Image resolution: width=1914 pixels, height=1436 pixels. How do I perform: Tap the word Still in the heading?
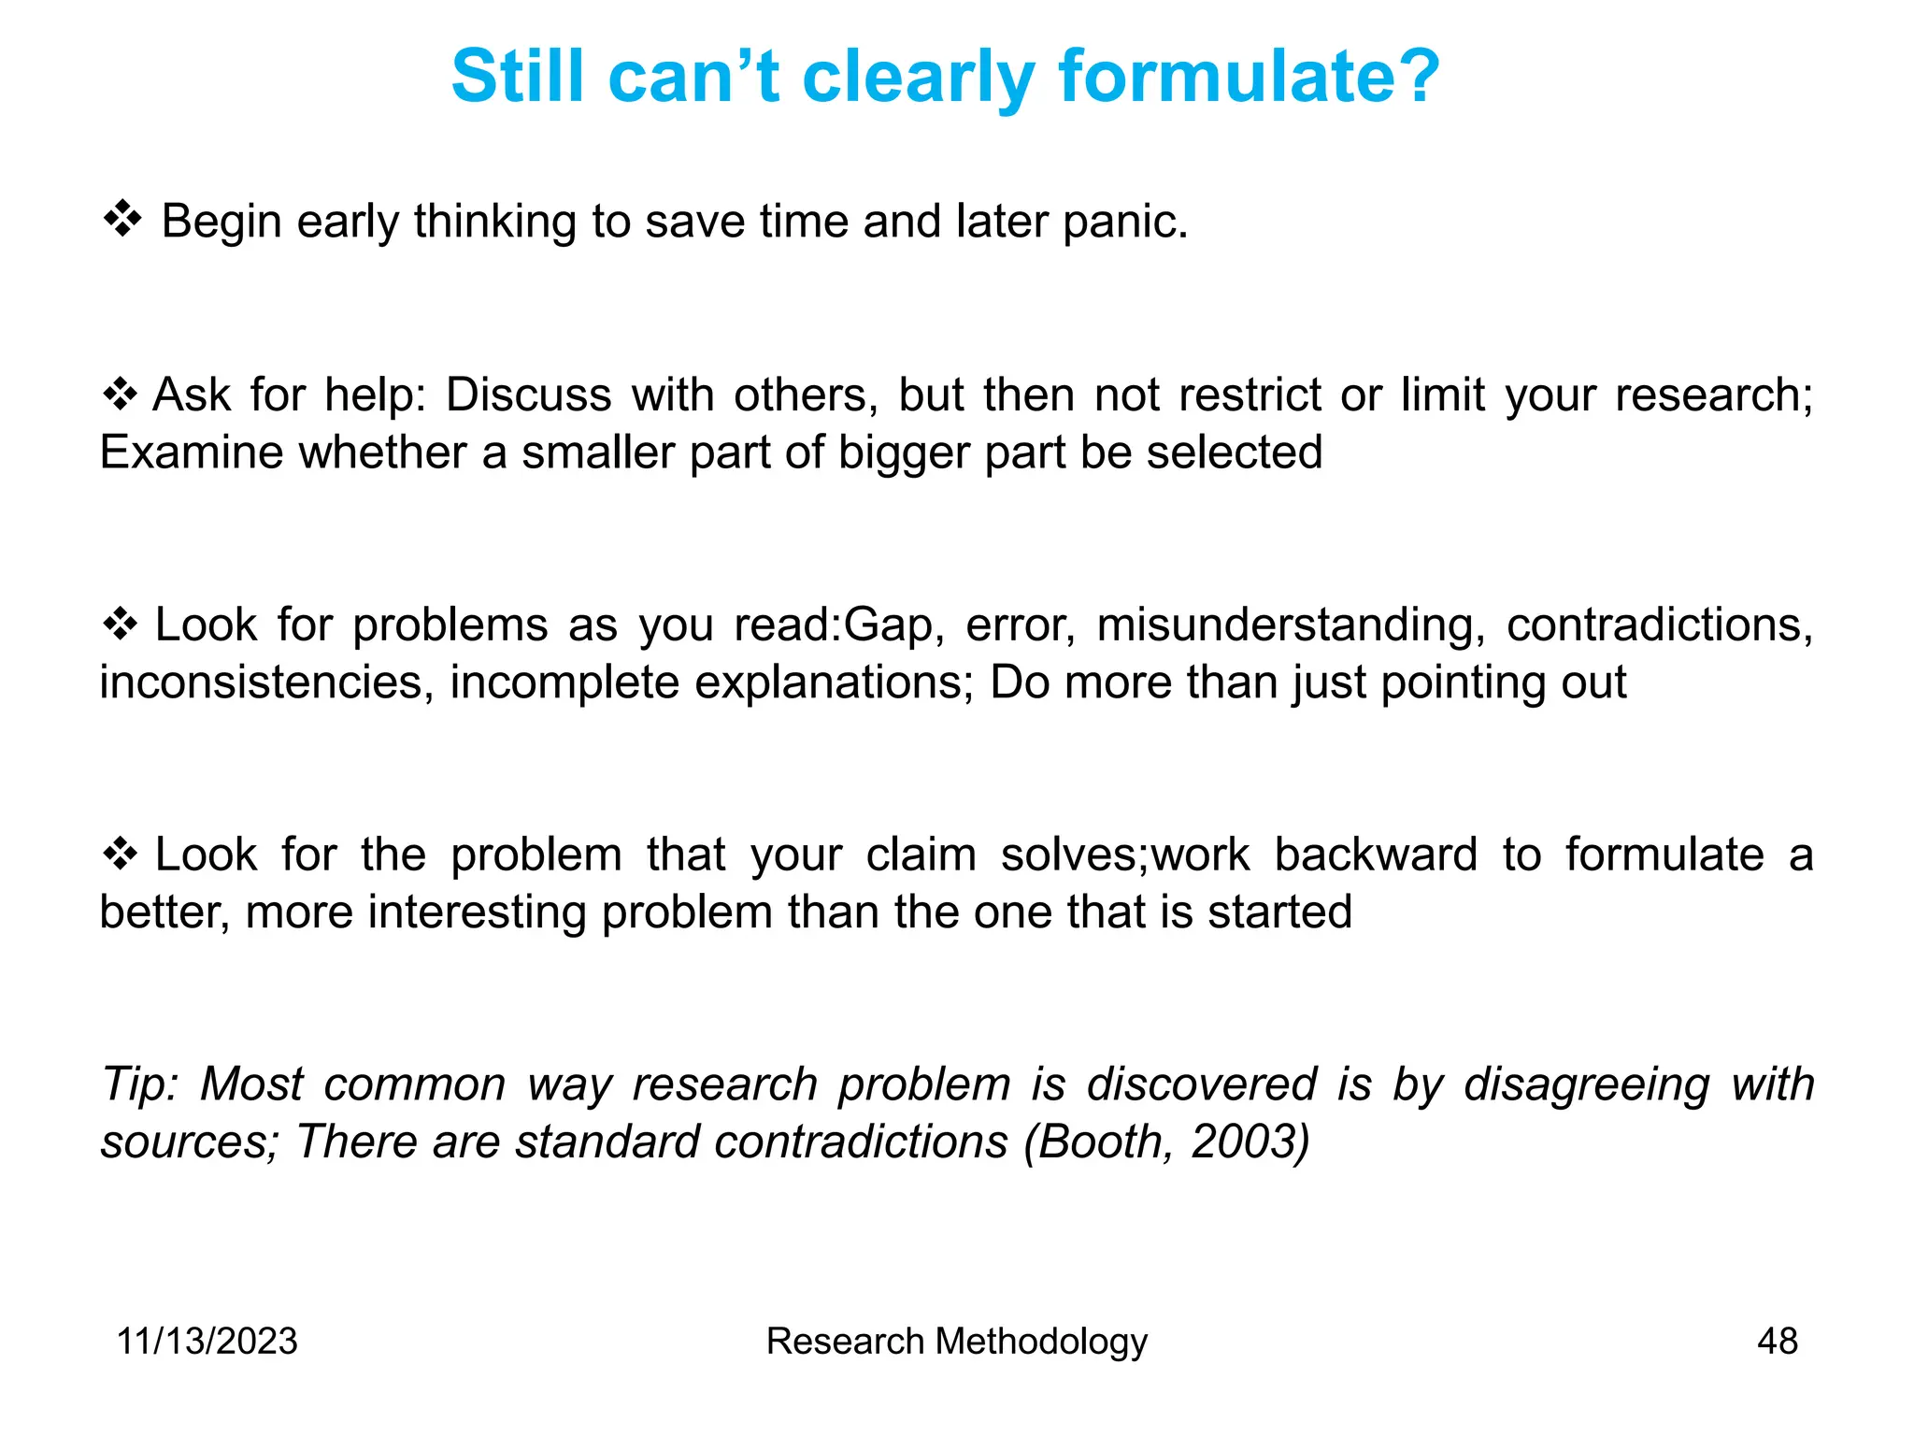pos(518,77)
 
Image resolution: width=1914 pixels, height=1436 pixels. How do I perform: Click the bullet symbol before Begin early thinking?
pos(121,221)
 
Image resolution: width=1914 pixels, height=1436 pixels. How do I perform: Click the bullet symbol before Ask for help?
pos(120,394)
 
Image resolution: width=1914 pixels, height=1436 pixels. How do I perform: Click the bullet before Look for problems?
pos(120,624)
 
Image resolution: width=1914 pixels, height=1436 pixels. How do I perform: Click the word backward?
pos(1375,854)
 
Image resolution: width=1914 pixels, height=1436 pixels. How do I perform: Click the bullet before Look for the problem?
pos(120,854)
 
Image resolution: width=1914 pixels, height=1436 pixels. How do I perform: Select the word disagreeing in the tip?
pos(1586,1085)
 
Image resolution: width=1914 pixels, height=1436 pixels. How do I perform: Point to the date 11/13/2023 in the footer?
pos(207,1341)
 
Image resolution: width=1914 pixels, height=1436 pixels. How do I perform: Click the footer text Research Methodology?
pos(956,1341)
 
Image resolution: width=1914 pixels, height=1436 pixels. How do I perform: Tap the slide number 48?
pos(1777,1341)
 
